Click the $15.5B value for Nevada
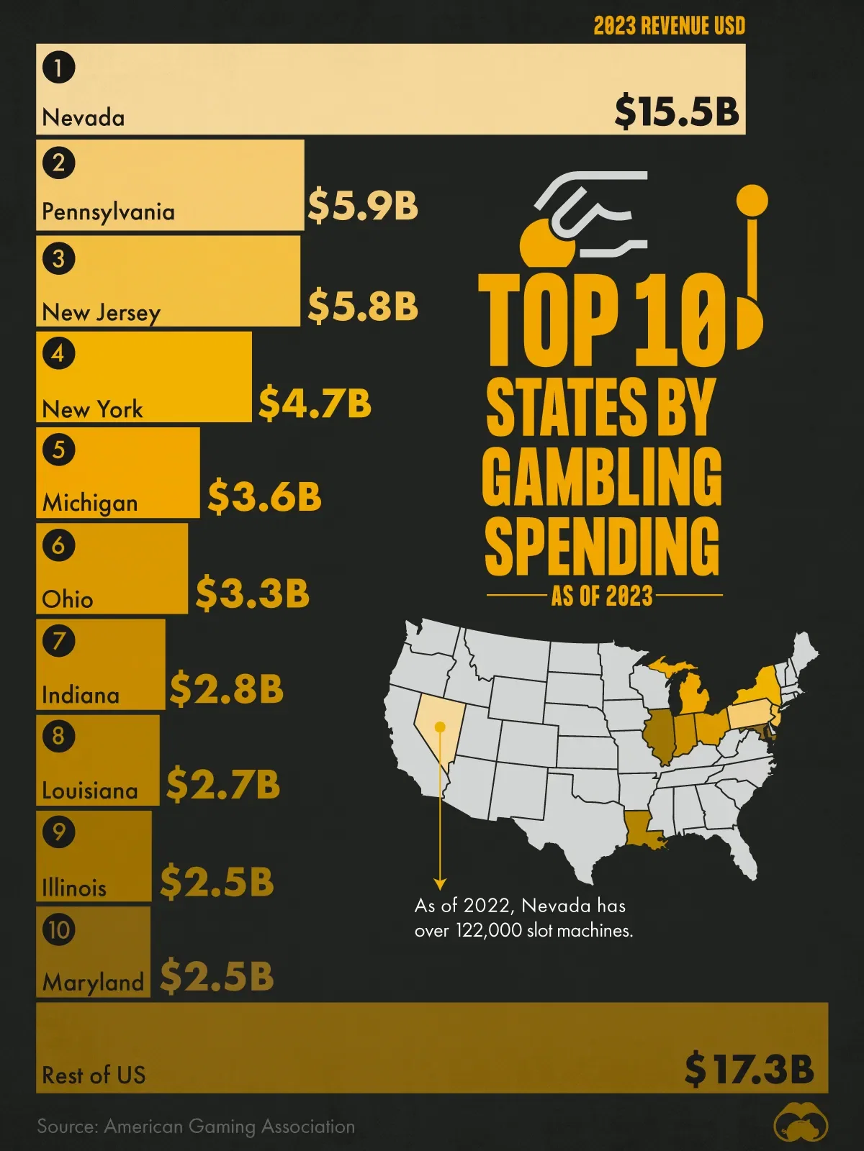[677, 112]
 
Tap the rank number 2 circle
[58, 163]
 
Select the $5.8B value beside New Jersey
[363, 305]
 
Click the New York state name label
[92, 409]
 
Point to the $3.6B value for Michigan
[264, 496]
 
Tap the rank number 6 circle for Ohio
[58, 545]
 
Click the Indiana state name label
[81, 695]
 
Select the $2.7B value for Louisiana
[222, 784]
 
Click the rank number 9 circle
[58, 832]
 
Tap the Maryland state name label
[93, 982]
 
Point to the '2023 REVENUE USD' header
[669, 26]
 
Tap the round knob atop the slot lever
[752, 200]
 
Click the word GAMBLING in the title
[602, 476]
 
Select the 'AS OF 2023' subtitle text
[602, 596]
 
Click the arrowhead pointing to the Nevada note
[440, 884]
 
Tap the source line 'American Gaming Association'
[196, 1127]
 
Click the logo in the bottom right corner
[801, 1126]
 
